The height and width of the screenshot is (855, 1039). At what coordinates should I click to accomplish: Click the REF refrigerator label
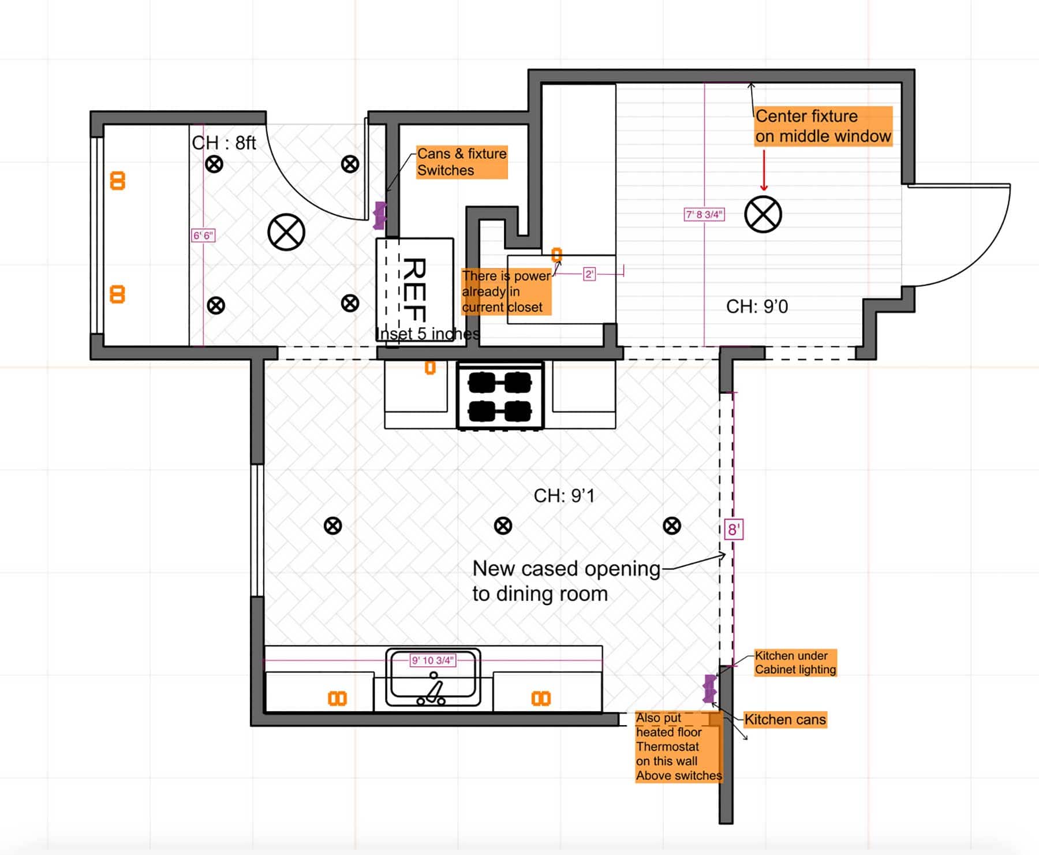pyautogui.click(x=414, y=290)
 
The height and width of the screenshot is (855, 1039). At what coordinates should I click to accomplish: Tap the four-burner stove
pyautogui.click(x=500, y=396)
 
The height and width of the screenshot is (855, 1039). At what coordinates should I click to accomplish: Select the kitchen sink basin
pyautogui.click(x=433, y=677)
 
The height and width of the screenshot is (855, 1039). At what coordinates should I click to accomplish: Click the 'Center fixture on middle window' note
pyautogui.click(x=823, y=126)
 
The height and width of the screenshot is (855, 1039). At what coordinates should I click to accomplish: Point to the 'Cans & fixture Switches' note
pyautogui.click(x=462, y=162)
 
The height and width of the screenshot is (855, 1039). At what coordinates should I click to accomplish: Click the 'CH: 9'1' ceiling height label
pyautogui.click(x=564, y=495)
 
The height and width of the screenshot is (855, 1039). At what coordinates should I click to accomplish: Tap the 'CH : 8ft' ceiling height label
pyautogui.click(x=224, y=143)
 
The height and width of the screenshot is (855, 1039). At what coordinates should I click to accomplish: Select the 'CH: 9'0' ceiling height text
pyautogui.click(x=757, y=306)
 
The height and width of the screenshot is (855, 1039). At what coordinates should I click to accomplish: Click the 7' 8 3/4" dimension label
pyautogui.click(x=704, y=214)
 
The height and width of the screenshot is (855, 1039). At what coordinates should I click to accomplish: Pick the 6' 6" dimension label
pyautogui.click(x=203, y=236)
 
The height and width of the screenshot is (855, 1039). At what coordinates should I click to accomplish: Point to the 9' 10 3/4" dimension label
pyautogui.click(x=433, y=660)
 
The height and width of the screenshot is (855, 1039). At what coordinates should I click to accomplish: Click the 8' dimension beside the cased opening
pyautogui.click(x=734, y=529)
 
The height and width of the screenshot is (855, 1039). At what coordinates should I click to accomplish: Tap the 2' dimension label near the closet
pyautogui.click(x=589, y=274)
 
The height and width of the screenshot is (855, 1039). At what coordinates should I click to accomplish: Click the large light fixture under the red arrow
pyautogui.click(x=763, y=214)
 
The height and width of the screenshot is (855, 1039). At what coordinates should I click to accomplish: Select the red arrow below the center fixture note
pyautogui.click(x=764, y=170)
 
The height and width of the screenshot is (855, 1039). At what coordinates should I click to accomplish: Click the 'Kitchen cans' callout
pyautogui.click(x=785, y=719)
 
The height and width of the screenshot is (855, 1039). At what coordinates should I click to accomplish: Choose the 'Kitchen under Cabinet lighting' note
pyautogui.click(x=795, y=663)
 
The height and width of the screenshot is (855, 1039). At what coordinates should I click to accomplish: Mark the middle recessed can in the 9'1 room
pyautogui.click(x=503, y=525)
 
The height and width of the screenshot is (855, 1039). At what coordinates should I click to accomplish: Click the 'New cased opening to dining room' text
pyautogui.click(x=566, y=581)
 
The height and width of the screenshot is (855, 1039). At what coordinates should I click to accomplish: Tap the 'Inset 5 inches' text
pyautogui.click(x=427, y=334)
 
